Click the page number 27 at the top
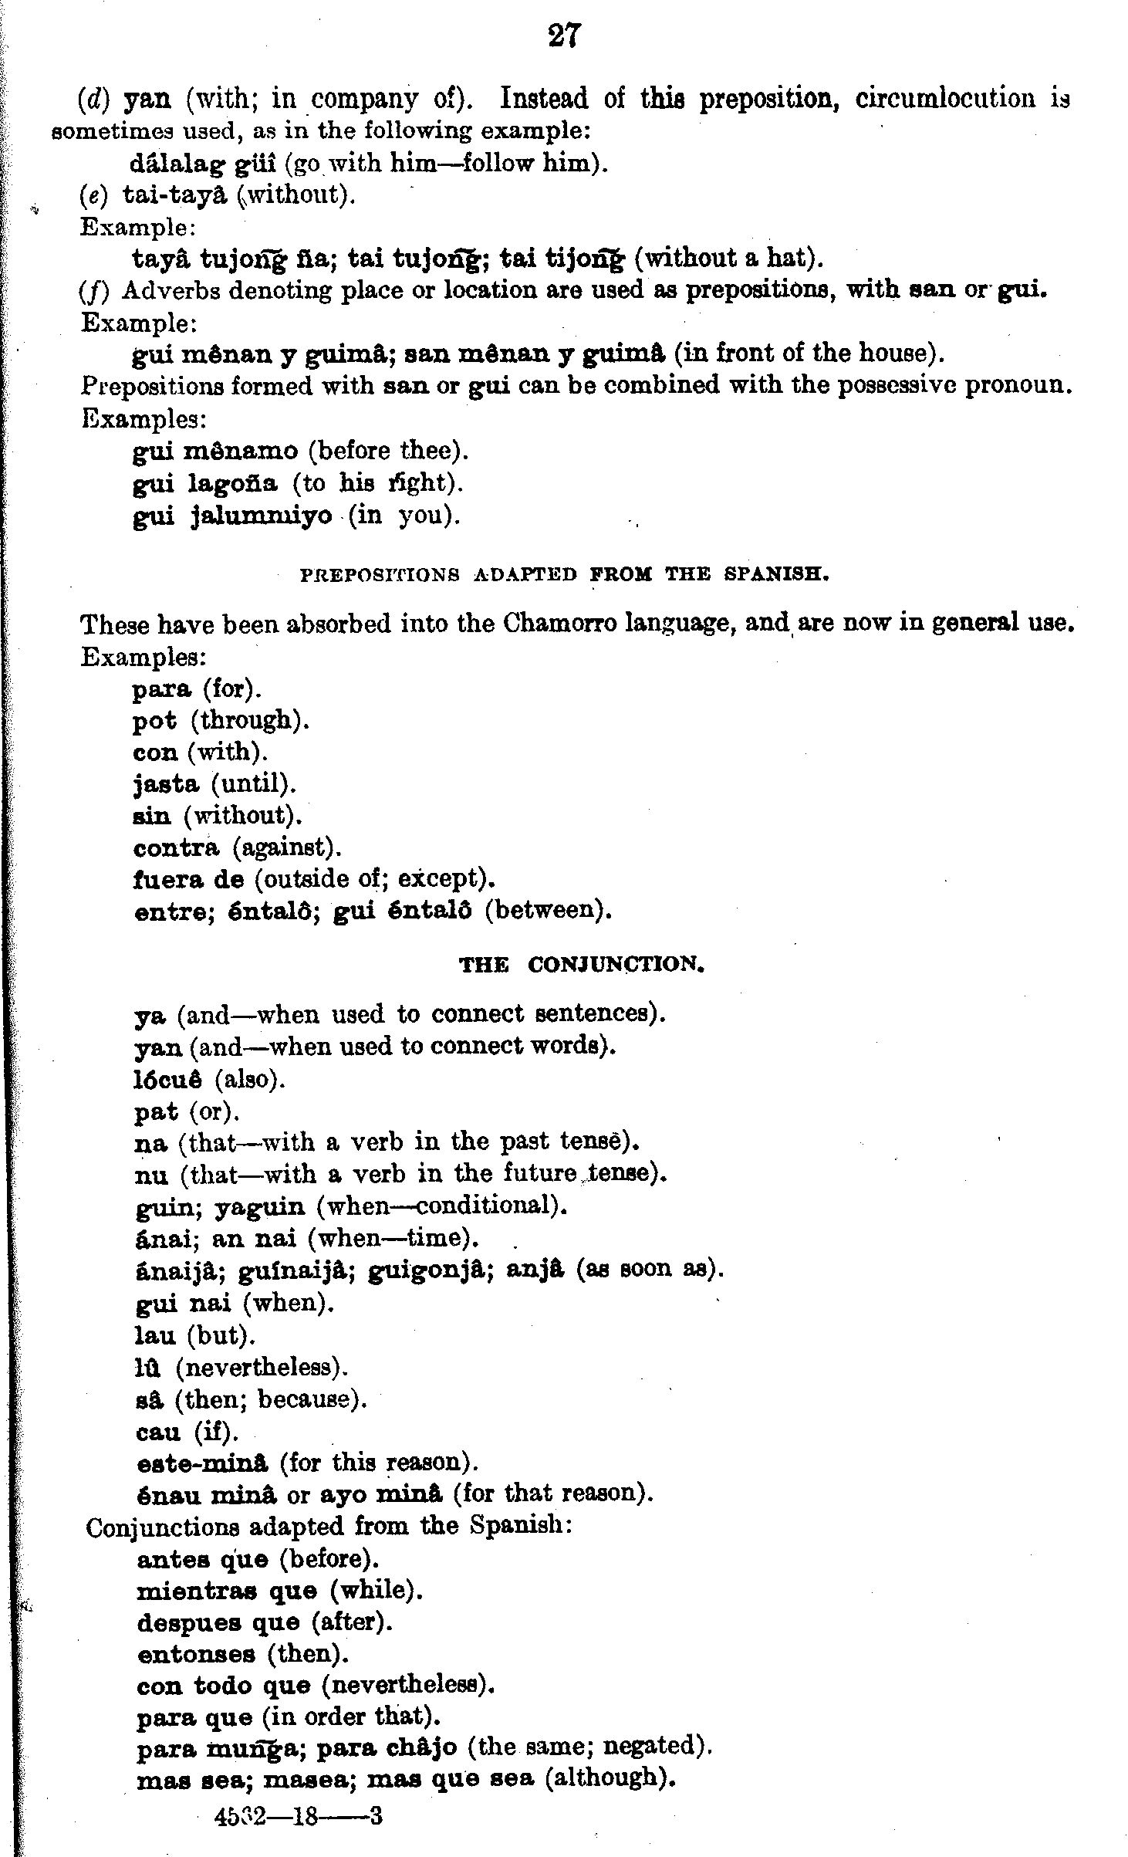[x=564, y=36]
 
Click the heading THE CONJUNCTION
[x=582, y=965]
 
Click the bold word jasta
[x=166, y=784]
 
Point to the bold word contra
[x=176, y=848]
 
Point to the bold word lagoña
[x=232, y=484]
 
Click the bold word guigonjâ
[x=431, y=1270]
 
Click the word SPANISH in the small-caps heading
[x=776, y=575]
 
